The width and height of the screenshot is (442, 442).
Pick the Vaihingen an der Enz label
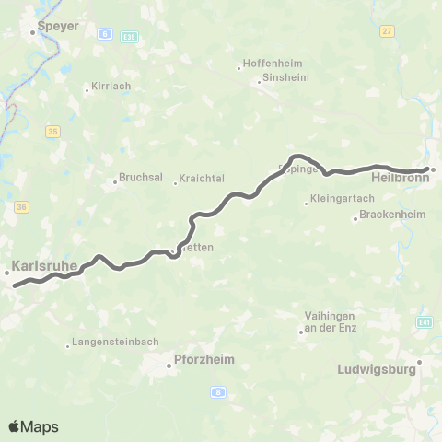tap(329, 322)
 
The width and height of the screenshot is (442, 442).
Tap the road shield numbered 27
tap(386, 30)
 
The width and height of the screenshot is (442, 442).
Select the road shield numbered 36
tap(21, 207)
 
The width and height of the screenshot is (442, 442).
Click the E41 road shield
tap(425, 322)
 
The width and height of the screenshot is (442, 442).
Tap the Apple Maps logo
tap(33, 426)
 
